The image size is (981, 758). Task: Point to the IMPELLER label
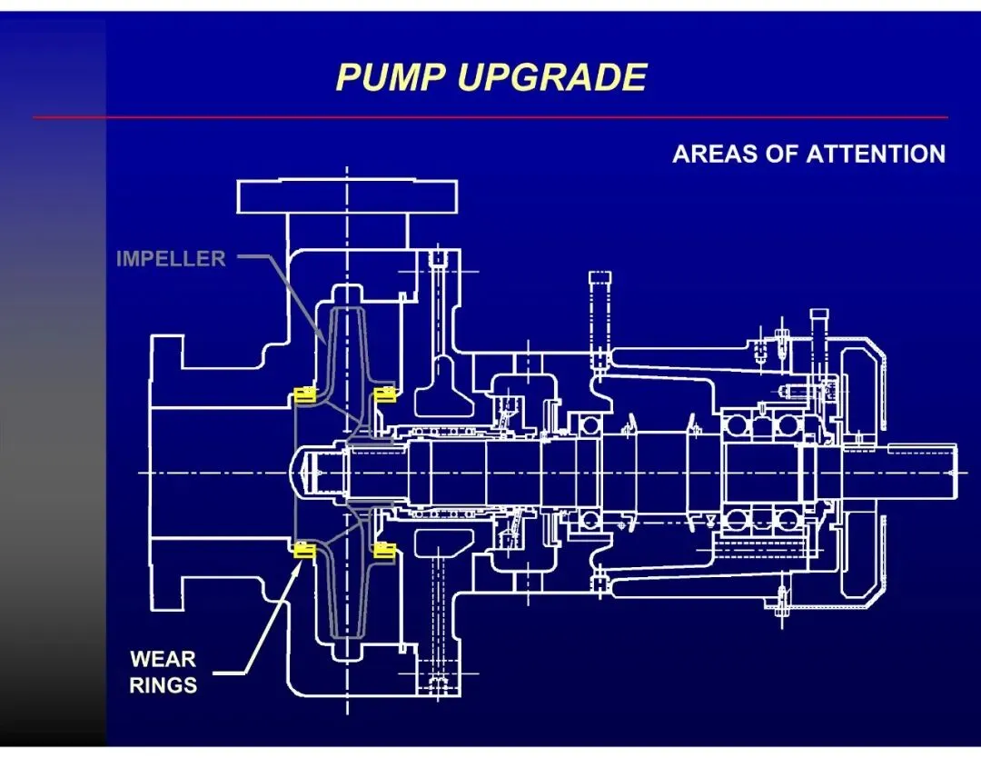click(x=171, y=259)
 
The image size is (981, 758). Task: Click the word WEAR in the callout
click(x=163, y=659)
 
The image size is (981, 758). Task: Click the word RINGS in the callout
click(x=163, y=685)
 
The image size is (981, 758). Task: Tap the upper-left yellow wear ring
click(x=301, y=394)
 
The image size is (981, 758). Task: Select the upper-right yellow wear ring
click(x=385, y=394)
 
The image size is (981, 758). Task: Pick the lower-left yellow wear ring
click(x=301, y=549)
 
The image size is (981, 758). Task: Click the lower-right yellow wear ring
click(x=385, y=549)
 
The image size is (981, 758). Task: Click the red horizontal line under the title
click(x=490, y=117)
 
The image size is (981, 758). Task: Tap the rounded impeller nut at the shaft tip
click(x=304, y=472)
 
